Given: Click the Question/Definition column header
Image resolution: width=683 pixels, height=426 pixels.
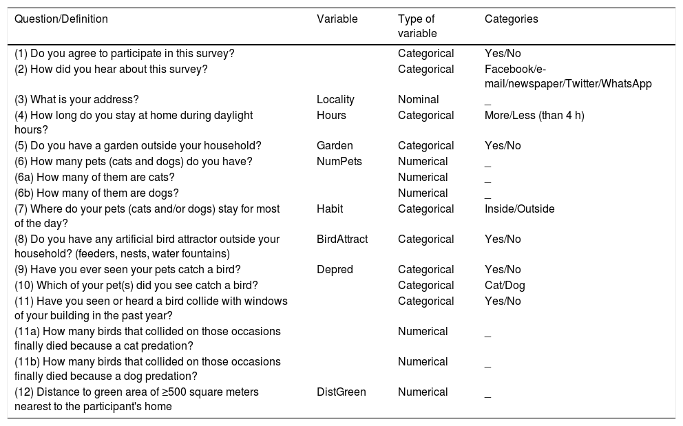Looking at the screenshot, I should pyautogui.click(x=61, y=20).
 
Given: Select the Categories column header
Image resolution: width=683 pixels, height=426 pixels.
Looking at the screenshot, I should pyautogui.click(x=511, y=20).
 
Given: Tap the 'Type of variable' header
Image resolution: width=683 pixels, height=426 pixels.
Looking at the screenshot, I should pyautogui.click(x=417, y=26).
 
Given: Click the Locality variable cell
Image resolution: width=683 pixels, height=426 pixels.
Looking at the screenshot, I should pyautogui.click(x=335, y=100).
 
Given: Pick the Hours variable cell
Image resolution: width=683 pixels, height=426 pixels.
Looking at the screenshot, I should pyautogui.click(x=331, y=116).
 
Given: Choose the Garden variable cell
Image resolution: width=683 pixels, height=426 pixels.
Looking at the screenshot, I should pyautogui.click(x=335, y=146).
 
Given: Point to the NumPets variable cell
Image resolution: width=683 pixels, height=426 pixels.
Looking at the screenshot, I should pyautogui.click(x=339, y=162).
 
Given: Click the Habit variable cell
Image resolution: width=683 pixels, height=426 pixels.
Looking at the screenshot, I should pyautogui.click(x=330, y=209).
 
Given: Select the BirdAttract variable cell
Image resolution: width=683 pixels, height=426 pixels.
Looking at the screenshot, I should pyautogui.click(x=342, y=239).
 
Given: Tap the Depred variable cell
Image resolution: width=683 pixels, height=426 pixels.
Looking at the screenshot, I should pyautogui.click(x=335, y=270).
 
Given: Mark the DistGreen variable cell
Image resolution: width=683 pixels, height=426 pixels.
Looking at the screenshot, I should pyautogui.click(x=341, y=392).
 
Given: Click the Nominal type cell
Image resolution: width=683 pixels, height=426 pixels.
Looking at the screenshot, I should pyautogui.click(x=419, y=100).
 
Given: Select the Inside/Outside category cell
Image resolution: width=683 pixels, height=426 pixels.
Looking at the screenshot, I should pyautogui.click(x=519, y=209).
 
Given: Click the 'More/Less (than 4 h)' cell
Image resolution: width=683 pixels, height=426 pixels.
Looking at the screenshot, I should pyautogui.click(x=534, y=116).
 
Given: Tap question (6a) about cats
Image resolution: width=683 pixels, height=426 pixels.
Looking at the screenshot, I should pyautogui.click(x=94, y=178).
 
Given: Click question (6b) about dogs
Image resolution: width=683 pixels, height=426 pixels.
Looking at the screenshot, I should pyautogui.click(x=96, y=193).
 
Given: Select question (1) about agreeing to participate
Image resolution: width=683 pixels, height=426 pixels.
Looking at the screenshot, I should pyautogui.click(x=125, y=54).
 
